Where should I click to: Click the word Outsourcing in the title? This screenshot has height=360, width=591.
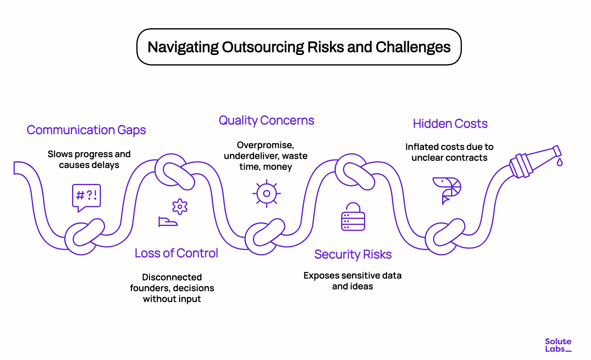coord(263,47)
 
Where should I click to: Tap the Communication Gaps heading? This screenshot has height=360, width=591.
coord(86,130)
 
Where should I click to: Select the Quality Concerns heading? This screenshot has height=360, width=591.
coord(266,121)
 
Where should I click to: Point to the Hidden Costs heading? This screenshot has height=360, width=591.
coord(450,124)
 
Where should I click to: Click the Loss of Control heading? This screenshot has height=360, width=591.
coord(176,253)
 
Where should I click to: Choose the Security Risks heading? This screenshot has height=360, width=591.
coord(353,255)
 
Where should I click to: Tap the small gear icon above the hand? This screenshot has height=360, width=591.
coord(180,207)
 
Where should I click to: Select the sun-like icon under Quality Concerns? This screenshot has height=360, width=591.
coord(266,194)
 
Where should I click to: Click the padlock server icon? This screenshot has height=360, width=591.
coord(353,217)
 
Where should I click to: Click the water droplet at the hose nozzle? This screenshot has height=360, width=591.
coord(559,163)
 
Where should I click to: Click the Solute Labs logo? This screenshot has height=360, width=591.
coord(558,345)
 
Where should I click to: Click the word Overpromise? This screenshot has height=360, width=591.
coord(265,145)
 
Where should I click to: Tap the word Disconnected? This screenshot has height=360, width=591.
coord(172,277)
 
